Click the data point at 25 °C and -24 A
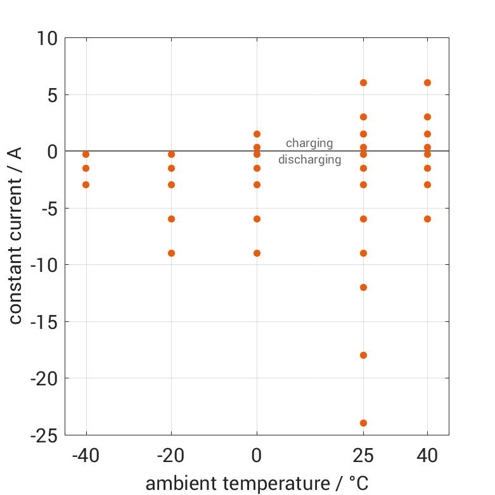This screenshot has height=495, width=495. click(x=363, y=423)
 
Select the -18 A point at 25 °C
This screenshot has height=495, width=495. click(x=363, y=355)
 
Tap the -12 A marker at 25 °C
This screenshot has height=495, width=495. click(x=363, y=287)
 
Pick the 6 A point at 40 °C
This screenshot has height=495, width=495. click(x=427, y=82)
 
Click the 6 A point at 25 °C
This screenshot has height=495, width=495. click(x=363, y=82)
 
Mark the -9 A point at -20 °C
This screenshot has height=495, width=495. click(x=171, y=253)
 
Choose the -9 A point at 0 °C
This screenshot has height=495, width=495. click(x=257, y=253)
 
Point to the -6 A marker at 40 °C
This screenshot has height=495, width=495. click(x=427, y=219)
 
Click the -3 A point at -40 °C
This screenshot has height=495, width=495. click(x=86, y=184)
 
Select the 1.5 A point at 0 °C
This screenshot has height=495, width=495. click(x=257, y=134)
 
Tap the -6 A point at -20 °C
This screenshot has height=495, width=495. click(x=171, y=219)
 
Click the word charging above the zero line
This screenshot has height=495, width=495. click(x=309, y=143)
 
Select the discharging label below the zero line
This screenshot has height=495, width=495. click(x=309, y=160)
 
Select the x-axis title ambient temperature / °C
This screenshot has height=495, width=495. click(x=257, y=484)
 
